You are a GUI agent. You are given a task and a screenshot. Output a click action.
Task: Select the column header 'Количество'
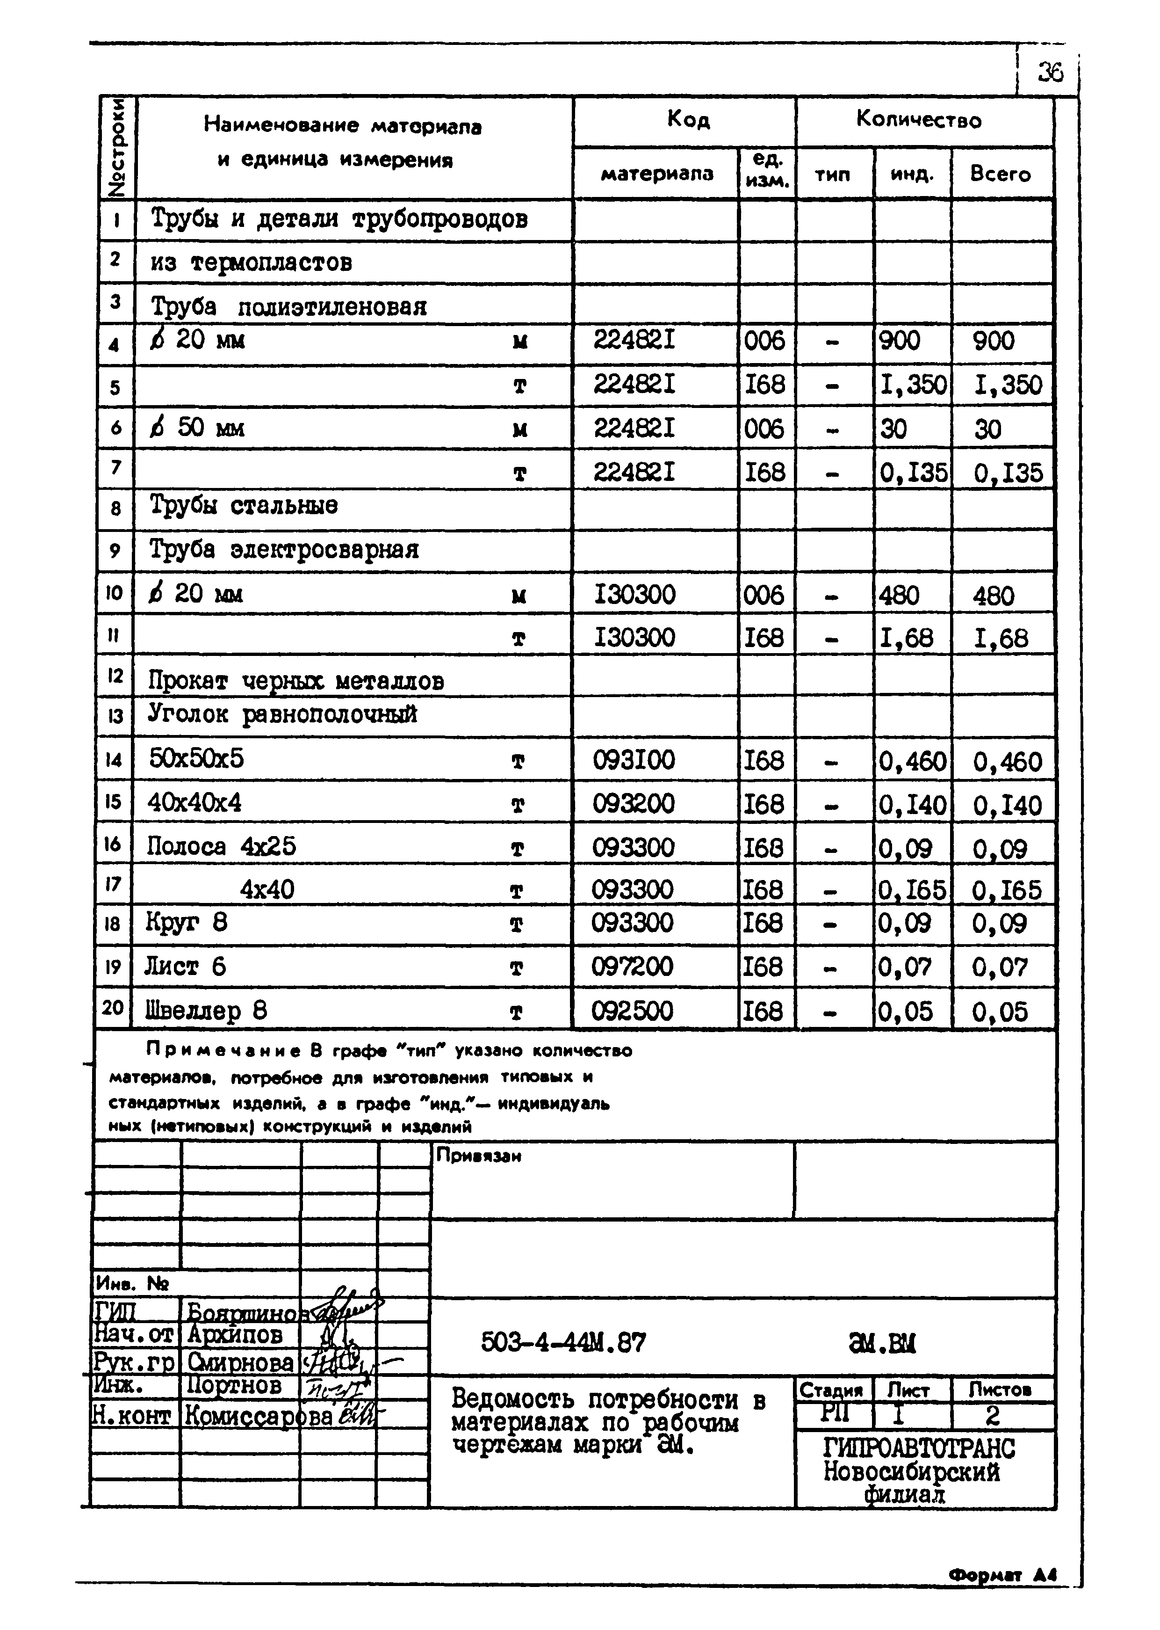tap(919, 120)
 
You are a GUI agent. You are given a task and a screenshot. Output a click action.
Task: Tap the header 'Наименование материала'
tap(342, 126)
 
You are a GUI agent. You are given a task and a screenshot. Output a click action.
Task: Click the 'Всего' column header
tap(1000, 175)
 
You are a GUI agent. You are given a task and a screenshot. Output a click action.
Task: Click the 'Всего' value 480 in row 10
tap(993, 596)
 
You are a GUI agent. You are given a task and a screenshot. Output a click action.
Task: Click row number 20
tap(113, 1008)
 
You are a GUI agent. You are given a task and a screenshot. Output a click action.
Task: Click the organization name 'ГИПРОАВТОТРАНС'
tap(919, 1448)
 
